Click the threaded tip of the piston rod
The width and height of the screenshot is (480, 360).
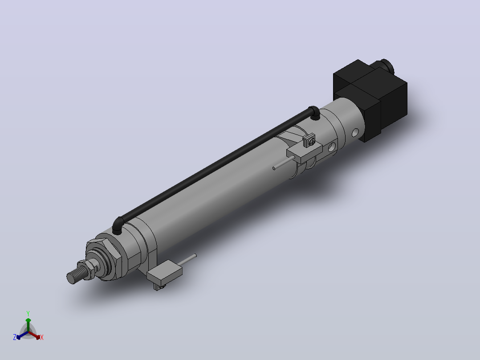click(x=74, y=274)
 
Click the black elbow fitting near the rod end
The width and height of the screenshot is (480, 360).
click(x=118, y=225)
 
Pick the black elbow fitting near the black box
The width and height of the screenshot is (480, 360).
click(x=314, y=112)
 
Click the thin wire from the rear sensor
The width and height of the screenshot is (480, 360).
click(x=284, y=162)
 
